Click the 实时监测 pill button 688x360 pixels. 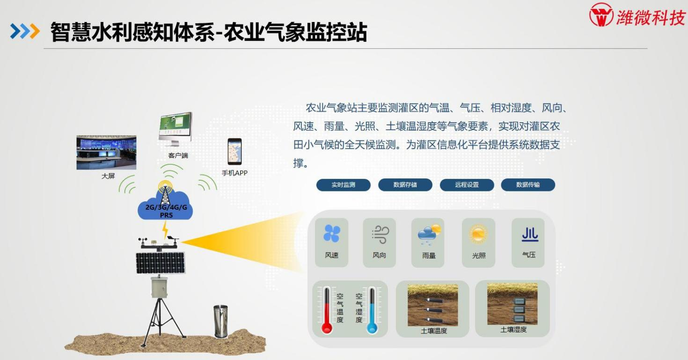(344, 185)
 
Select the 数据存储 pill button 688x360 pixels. (405, 185)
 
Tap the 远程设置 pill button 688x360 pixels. (467, 185)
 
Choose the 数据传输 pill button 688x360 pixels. (528, 185)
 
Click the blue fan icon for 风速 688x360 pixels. (332, 234)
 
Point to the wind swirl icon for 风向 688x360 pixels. (380, 235)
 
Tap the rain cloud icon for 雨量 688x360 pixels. (429, 235)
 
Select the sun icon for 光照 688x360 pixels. (478, 234)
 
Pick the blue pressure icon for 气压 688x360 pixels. (530, 235)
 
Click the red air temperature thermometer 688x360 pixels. (327, 310)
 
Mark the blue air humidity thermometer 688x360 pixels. (372, 310)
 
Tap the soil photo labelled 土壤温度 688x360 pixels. (433, 305)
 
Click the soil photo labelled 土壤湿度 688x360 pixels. (512, 304)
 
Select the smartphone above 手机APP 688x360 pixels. (234, 152)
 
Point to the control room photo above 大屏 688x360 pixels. (106, 153)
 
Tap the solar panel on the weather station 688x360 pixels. (161, 263)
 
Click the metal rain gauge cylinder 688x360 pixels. (220, 321)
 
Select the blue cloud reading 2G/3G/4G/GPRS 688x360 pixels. (166, 206)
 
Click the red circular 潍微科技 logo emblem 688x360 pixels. (601, 15)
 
